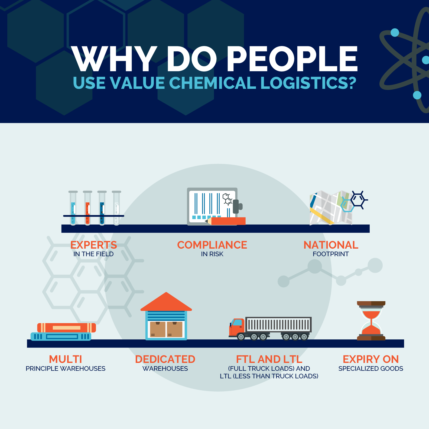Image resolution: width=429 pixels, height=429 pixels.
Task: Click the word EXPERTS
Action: [x=93, y=245]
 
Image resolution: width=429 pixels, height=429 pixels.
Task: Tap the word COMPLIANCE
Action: [x=212, y=245]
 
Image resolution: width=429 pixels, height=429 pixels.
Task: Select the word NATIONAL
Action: [x=331, y=245]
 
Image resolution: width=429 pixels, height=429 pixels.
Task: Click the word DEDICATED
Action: [x=165, y=359]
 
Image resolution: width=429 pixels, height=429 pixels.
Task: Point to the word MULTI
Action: [x=66, y=359]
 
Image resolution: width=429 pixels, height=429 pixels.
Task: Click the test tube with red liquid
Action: [x=87, y=208]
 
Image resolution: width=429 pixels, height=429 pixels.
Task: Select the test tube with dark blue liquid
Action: [x=102, y=208]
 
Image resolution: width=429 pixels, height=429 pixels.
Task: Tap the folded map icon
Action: [x=331, y=208]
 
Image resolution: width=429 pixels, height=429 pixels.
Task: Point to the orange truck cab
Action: [x=237, y=327]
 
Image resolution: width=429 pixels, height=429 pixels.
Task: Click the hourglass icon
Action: [x=371, y=321]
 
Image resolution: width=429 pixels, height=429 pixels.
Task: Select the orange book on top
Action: [x=67, y=328]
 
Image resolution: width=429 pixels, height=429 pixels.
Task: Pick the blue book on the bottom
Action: [x=61, y=337]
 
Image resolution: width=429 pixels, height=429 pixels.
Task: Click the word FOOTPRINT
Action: [x=331, y=254]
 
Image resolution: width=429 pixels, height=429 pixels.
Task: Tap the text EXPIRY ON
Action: [x=371, y=359]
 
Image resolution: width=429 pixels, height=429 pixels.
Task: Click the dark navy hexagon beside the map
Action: [x=358, y=200]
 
